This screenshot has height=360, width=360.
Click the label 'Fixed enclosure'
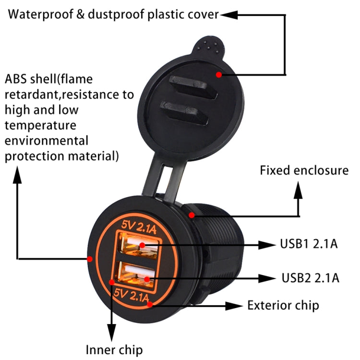tap(304, 170)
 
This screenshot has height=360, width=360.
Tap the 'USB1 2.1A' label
tap(309, 243)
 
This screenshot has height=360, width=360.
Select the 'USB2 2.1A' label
tap(310, 278)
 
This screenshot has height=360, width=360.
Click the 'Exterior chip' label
tap(283, 305)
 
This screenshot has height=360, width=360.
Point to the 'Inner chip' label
tap(114, 350)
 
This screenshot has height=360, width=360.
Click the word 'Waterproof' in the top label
tap(41, 14)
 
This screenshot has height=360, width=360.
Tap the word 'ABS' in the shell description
tap(16, 79)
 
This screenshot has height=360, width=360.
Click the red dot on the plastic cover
tap(219, 74)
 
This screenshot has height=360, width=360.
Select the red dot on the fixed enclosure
tap(192, 215)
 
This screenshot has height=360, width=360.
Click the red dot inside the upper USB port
tap(142, 245)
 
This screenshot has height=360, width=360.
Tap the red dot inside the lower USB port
tap(147, 279)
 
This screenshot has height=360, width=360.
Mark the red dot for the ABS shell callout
tap(90, 259)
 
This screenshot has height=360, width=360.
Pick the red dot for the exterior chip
tap(150, 304)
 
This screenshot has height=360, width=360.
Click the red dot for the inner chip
tap(111, 282)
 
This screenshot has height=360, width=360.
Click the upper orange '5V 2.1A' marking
tap(139, 227)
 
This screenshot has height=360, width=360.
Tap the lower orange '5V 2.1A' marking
tap(132, 295)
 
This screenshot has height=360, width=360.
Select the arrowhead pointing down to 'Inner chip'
tap(111, 333)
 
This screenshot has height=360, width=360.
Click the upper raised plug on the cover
tap(193, 87)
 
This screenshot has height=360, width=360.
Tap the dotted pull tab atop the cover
tap(208, 46)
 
